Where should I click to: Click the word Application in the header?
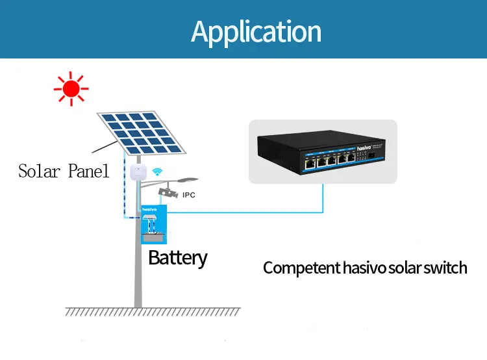click(256, 31)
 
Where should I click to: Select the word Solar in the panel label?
click(40, 172)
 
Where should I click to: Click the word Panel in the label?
click(89, 172)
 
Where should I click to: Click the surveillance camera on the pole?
click(168, 192)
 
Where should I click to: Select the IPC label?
click(189, 195)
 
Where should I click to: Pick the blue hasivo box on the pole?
click(153, 220)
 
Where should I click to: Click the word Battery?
click(177, 257)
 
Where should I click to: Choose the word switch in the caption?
click(445, 268)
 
